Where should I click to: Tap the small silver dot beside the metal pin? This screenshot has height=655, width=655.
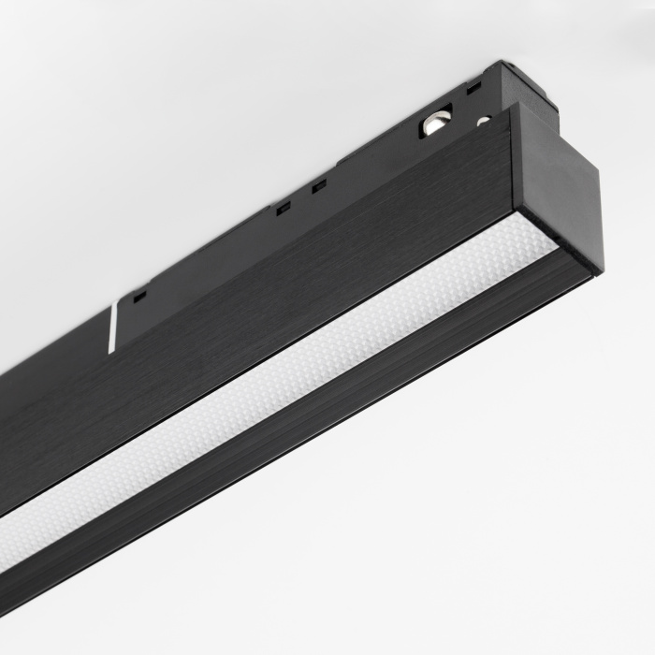[x=483, y=121]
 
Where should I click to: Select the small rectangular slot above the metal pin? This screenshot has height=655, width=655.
[x=474, y=87]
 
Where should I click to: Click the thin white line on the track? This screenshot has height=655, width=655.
[x=112, y=327]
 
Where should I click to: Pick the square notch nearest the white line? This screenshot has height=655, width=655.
[x=139, y=297]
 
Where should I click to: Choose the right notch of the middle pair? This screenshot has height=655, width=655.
[x=319, y=185]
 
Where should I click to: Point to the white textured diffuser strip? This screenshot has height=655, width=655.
[x=281, y=374]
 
